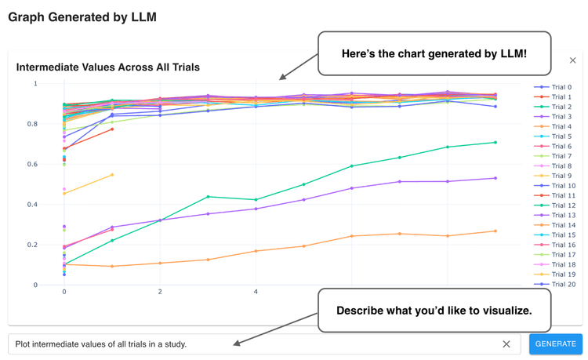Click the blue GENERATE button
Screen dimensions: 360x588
point(555,344)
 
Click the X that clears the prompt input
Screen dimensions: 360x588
point(506,344)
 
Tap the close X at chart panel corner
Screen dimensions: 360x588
point(572,60)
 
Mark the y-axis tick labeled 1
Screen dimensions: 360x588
point(34,84)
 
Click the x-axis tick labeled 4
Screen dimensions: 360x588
point(256,292)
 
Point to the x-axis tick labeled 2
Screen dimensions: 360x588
point(160,292)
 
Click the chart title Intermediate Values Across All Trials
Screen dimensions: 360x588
point(107,67)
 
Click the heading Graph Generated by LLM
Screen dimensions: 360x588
point(82,17)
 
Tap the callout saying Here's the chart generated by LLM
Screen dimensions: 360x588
point(434,54)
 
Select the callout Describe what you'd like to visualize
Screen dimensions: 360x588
point(434,311)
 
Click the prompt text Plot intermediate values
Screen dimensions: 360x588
point(101,344)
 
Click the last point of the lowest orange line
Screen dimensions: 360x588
point(495,231)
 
